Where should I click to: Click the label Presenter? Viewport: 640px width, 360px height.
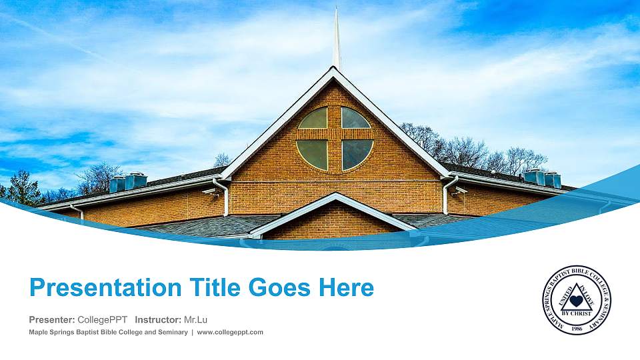52,319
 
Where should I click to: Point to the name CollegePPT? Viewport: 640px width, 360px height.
103,319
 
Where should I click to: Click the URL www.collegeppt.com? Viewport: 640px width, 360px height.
230,332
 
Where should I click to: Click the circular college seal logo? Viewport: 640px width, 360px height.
576,300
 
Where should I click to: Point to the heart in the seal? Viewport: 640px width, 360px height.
576,301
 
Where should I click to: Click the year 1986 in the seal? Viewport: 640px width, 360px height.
576,321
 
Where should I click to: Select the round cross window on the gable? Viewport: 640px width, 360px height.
335,138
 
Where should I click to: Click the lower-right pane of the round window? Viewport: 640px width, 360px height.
356,154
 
